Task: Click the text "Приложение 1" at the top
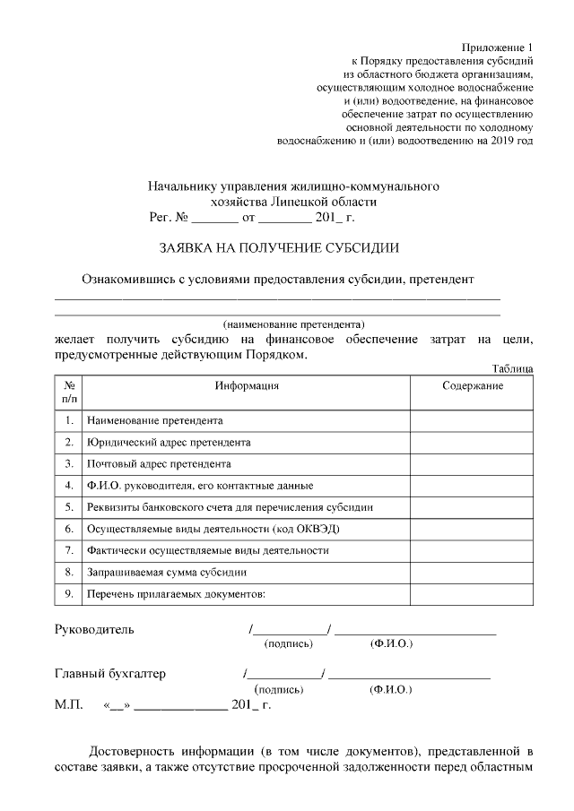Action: [x=497, y=47]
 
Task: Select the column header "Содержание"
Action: [x=473, y=385]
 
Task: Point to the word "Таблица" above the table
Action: [x=513, y=369]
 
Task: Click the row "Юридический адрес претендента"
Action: [x=169, y=442]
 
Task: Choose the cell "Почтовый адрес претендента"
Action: [x=159, y=464]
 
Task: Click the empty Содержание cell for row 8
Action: [x=473, y=572]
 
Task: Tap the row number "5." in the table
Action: [x=69, y=507]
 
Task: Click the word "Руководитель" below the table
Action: [x=95, y=629]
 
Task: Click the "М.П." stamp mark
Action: [x=69, y=705]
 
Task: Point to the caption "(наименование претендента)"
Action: [x=293, y=324]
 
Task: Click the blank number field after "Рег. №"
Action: [x=215, y=217]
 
